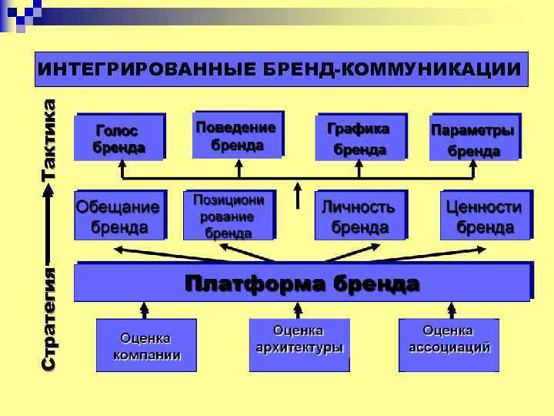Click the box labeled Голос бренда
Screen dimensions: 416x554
click(x=119, y=137)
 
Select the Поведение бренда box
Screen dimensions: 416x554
click(x=238, y=135)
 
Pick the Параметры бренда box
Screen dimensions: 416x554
click(x=474, y=138)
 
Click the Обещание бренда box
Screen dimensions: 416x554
click(x=119, y=216)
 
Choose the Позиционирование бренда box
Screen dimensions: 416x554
click(x=229, y=216)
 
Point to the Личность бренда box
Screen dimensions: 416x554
click(x=359, y=216)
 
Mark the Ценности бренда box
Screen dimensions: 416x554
click(x=485, y=216)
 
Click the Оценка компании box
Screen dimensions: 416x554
click(x=145, y=346)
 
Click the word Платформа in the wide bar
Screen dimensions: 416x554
click(x=255, y=283)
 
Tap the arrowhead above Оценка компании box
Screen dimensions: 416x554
click(x=144, y=307)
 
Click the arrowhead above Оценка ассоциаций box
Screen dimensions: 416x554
click(x=451, y=307)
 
